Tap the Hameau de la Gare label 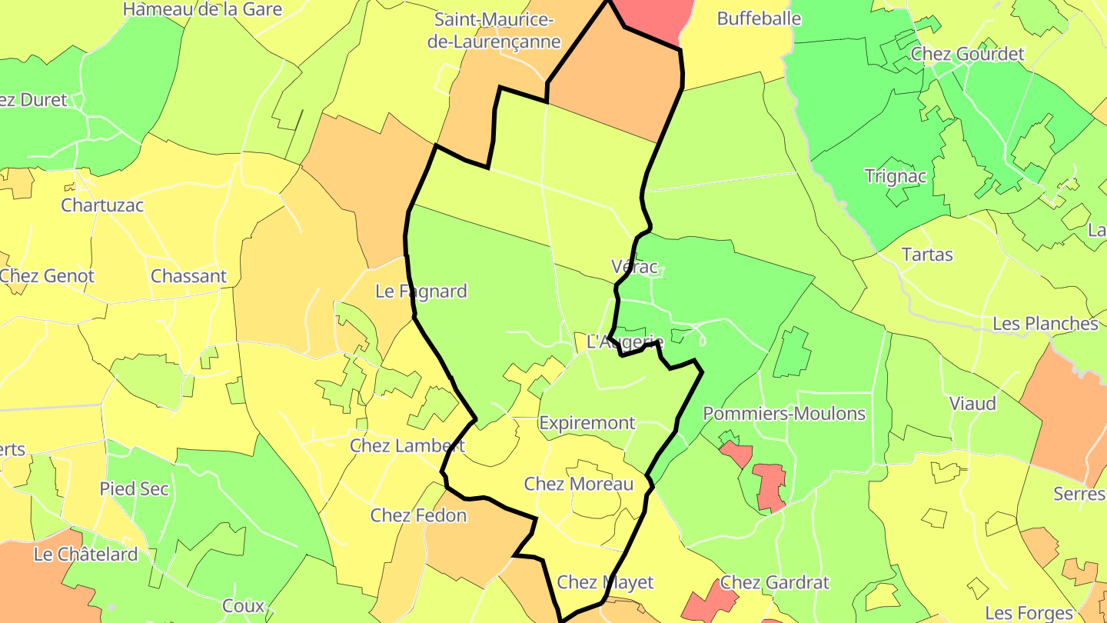[202, 9]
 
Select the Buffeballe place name [759, 18]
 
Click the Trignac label [896, 176]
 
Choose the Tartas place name [926, 255]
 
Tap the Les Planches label [1045, 324]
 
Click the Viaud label [972, 404]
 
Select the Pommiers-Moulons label [784, 414]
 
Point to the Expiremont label [587, 423]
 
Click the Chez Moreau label [578, 484]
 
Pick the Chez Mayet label [605, 582]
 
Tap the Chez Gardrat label [775, 582]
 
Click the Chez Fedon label [418, 515]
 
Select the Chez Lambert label [407, 445]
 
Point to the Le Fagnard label [421, 292]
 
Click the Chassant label [188, 276]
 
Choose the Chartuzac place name [102, 205]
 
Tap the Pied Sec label [134, 489]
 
